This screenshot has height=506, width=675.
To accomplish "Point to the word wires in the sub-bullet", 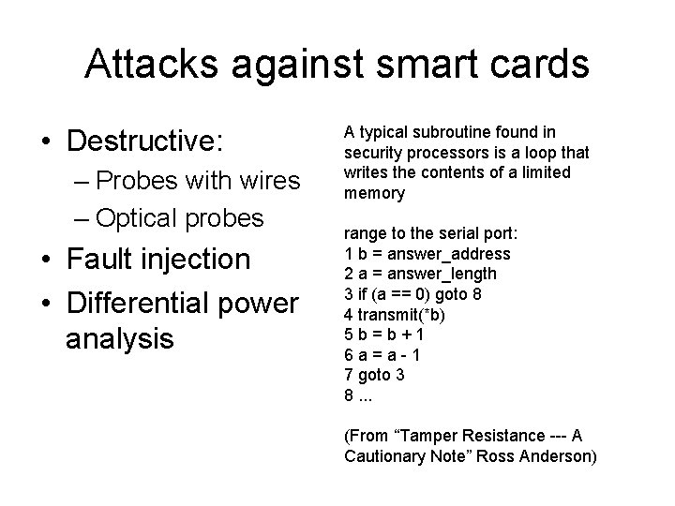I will (267, 180).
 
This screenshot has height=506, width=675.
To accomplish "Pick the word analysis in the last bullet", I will (120, 336).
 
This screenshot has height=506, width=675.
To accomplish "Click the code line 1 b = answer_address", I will (427, 253).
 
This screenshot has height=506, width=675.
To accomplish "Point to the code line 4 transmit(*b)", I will (401, 313).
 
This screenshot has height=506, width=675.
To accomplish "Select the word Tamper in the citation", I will (425, 436).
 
